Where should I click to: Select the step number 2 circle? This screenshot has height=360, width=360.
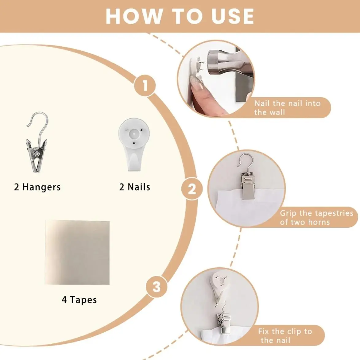click(192, 189)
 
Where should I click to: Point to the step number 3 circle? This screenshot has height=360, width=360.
click(157, 287)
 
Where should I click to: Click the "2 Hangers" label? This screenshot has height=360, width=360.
click(37, 187)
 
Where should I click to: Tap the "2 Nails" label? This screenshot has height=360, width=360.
click(135, 187)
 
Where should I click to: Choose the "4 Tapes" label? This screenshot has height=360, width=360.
click(79, 300)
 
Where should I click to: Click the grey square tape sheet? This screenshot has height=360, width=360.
click(77, 252)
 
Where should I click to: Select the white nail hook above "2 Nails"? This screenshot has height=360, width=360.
click(134, 145)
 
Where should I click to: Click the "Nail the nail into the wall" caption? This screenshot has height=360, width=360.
click(287, 108)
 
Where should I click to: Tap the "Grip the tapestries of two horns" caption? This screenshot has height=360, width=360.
click(316, 217)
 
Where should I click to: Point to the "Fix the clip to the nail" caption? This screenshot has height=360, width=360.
click(285, 335)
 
